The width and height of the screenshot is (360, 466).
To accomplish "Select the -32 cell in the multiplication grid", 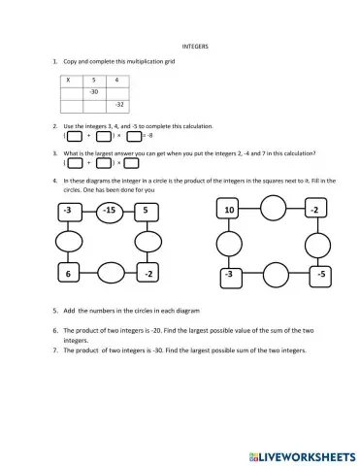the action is tap(118, 104).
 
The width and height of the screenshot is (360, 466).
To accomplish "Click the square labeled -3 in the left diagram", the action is tap(67, 211).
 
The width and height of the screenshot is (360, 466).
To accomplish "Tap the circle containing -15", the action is tap(109, 211).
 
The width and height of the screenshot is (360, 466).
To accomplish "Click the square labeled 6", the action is tap(67, 275).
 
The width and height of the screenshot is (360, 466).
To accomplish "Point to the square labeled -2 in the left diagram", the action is tap(147, 275).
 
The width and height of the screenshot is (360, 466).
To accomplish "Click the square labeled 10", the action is tap(230, 211).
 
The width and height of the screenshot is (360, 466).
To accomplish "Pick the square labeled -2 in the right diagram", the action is tap(312, 211).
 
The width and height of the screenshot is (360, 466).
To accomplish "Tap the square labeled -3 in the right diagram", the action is tap(230, 275).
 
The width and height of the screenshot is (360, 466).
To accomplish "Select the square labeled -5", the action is tap(312, 275).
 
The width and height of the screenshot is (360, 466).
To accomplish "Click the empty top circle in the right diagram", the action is tap(272, 209).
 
